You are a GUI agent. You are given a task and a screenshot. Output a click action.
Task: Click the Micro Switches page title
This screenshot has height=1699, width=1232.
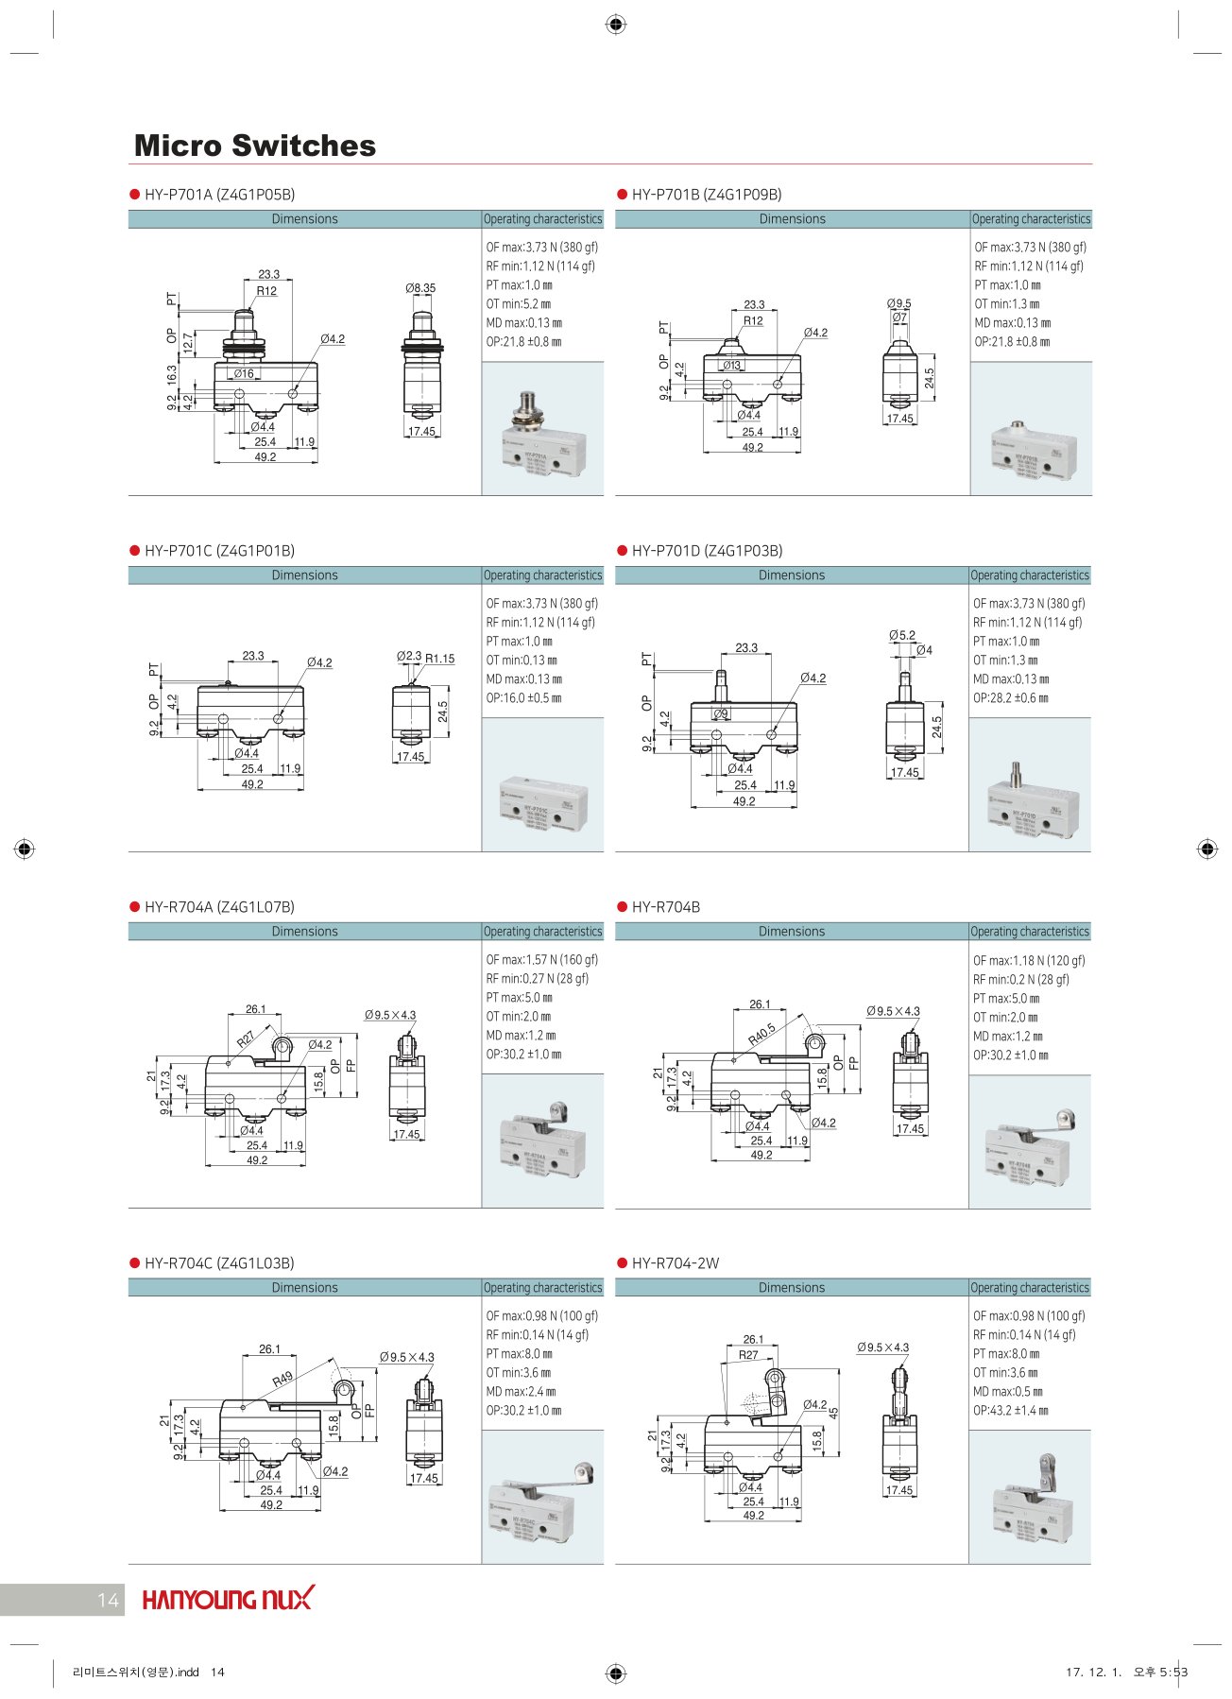tap(254, 146)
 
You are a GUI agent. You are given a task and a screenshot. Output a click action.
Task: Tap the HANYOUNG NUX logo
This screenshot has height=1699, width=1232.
tap(227, 1599)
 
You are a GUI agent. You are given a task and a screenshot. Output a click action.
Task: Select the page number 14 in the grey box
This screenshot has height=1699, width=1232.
tap(108, 1600)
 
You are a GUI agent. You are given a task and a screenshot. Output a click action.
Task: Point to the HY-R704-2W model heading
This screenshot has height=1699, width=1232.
tap(675, 1263)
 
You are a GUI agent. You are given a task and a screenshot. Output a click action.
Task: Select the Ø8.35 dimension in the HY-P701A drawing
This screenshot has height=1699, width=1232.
tap(420, 287)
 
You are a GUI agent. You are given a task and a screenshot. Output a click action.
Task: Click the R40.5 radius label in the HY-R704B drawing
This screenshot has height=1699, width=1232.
tap(761, 1033)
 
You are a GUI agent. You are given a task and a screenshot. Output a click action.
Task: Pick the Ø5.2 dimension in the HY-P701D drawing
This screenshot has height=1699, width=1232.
tap(902, 635)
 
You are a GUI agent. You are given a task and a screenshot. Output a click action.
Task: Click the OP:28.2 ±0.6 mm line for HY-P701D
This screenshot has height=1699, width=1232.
tap(1011, 698)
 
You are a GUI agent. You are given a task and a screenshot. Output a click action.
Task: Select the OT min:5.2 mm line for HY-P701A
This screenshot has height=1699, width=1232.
tap(519, 304)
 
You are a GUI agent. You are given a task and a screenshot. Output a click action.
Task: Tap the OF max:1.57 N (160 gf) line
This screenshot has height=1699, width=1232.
tap(541, 960)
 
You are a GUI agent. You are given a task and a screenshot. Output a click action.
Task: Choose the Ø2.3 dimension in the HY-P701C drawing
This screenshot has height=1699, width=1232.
tap(409, 656)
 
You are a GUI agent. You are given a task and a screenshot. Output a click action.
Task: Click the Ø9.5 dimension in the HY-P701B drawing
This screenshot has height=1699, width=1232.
tap(899, 303)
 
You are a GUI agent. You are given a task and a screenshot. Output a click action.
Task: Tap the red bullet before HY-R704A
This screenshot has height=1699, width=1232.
tap(134, 907)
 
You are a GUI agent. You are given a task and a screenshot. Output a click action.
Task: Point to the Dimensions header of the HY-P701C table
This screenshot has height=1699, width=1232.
tap(304, 575)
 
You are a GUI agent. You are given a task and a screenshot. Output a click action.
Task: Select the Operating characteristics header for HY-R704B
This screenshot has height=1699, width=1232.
tap(1030, 932)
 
